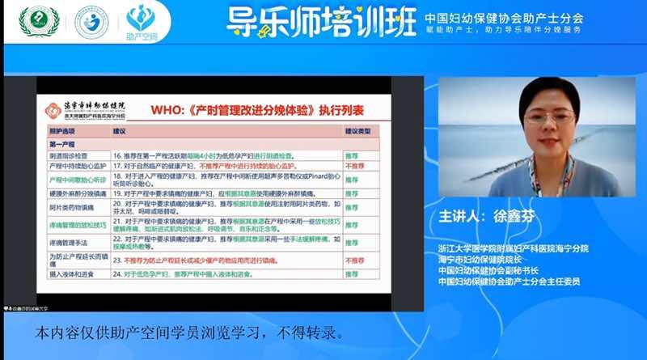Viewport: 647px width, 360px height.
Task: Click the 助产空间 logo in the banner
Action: pyautogui.click(x=143, y=22)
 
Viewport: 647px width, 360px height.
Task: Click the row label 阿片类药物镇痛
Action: pyautogui.click(x=72, y=207)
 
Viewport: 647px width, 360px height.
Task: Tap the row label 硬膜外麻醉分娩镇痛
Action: pyautogui.click(x=77, y=193)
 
